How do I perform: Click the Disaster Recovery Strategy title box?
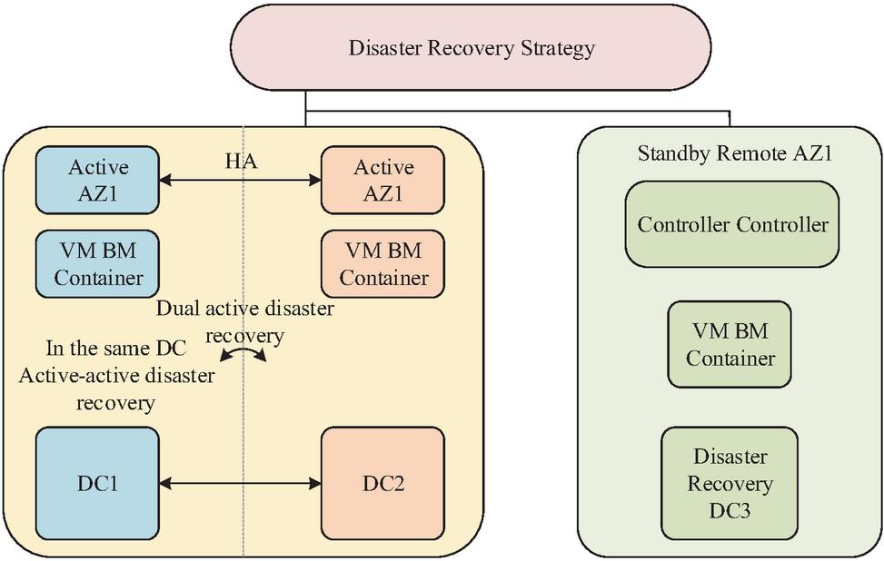click(x=471, y=48)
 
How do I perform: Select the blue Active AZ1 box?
click(x=98, y=181)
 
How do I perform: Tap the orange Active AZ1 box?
click(x=382, y=181)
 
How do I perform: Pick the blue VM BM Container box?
click(x=98, y=264)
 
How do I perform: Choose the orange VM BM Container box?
click(x=382, y=264)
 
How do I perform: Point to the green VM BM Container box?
click(x=730, y=346)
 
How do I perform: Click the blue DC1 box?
click(x=98, y=483)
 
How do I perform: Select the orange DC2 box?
click(x=382, y=483)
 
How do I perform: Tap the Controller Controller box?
click(x=732, y=224)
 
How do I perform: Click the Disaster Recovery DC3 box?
click(x=730, y=483)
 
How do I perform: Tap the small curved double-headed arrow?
click(x=246, y=354)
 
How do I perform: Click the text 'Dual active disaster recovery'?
click(x=244, y=321)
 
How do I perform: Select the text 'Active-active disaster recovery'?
click(x=116, y=388)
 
